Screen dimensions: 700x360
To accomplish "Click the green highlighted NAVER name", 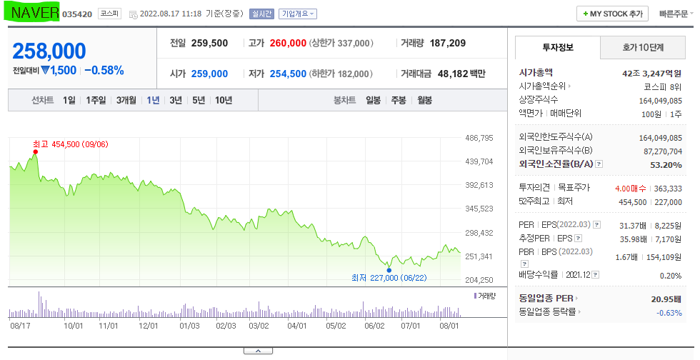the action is click(x=34, y=13).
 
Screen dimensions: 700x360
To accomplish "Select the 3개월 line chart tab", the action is click(x=126, y=100).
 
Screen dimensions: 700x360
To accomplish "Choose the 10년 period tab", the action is click(x=224, y=100).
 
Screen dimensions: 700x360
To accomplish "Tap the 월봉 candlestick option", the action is click(x=424, y=100).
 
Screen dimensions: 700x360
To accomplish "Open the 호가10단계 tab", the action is click(x=643, y=47).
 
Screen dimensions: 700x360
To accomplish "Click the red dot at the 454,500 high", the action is click(x=35, y=152).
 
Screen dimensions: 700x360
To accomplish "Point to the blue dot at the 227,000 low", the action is click(x=389, y=270).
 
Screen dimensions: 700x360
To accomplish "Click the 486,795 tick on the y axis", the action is click(x=479, y=138).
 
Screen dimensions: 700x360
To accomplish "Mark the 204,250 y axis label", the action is click(x=479, y=280).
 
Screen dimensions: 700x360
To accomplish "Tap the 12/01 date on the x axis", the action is click(x=149, y=326).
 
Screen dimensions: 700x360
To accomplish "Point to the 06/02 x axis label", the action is click(x=374, y=326).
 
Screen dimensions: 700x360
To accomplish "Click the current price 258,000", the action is click(x=49, y=51).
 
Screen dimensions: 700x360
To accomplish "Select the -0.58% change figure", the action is click(x=104, y=71).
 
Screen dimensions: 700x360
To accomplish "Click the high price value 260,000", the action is click(x=288, y=44).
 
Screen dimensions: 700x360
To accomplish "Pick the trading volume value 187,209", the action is click(x=448, y=44).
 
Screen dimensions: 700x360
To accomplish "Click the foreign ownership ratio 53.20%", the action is click(x=666, y=165).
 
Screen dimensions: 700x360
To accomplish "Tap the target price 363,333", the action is click(x=668, y=189).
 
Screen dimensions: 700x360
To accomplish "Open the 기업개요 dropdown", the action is click(x=297, y=14).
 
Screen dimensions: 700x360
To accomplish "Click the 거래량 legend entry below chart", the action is click(x=485, y=296).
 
